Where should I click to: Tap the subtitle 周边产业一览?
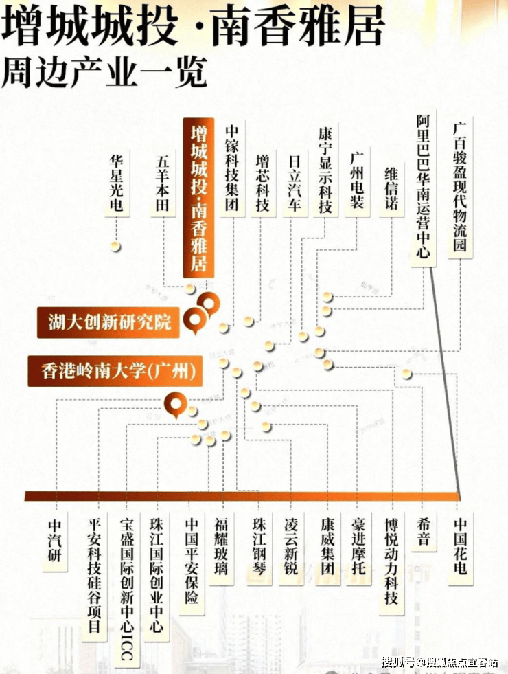pos(104,71)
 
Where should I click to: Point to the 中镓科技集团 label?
pos(233,169)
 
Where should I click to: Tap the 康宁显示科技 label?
pos(325,169)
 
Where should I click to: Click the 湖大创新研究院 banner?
pos(110,322)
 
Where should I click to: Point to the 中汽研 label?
pos(55,540)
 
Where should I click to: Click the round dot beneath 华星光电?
pos(117,246)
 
